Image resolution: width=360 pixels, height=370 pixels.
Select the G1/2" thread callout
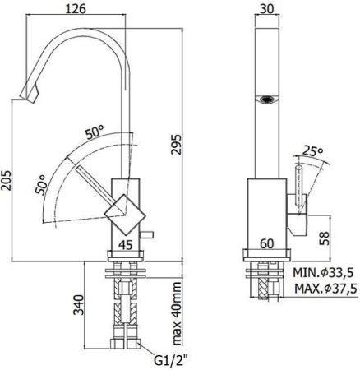tap(163, 358)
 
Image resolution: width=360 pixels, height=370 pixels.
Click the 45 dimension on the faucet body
tap(124, 243)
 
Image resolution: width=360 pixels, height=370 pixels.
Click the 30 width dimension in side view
tap(263, 10)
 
